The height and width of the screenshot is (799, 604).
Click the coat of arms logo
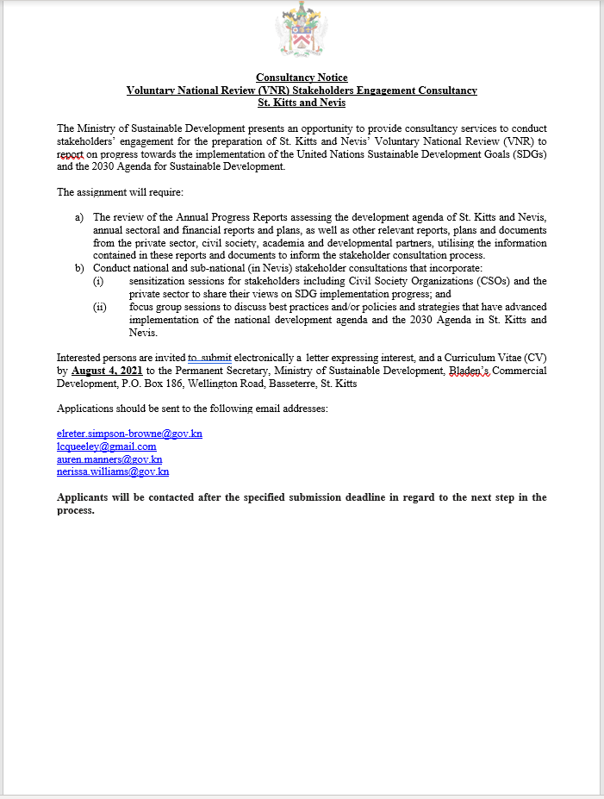(301, 32)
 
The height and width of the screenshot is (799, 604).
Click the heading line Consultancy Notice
(302, 78)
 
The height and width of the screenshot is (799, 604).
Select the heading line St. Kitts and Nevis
(302, 103)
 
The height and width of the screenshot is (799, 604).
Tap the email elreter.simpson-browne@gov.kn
(129, 434)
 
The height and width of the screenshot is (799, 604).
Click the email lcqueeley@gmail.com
(106, 446)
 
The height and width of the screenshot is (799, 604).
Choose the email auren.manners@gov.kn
(109, 459)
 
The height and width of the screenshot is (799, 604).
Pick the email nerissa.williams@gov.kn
(113, 471)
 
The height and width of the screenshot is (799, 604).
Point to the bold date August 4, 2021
(106, 370)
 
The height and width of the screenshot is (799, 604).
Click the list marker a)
(80, 218)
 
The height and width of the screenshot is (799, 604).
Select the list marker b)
(80, 267)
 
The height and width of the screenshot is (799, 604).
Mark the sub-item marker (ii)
(100, 307)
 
